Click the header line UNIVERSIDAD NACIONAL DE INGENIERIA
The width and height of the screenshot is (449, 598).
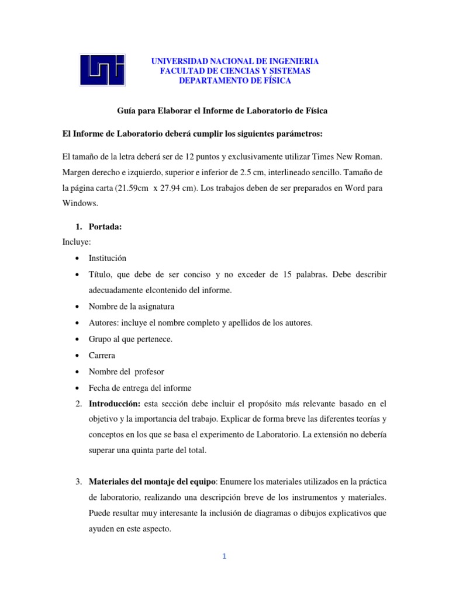(x=235, y=61)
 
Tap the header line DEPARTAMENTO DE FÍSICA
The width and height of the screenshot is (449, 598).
(x=235, y=81)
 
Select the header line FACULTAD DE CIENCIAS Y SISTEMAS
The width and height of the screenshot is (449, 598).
(x=235, y=71)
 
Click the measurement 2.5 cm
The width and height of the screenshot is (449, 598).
(x=248, y=173)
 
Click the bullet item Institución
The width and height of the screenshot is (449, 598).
(x=107, y=258)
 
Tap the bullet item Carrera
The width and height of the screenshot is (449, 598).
(x=102, y=355)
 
